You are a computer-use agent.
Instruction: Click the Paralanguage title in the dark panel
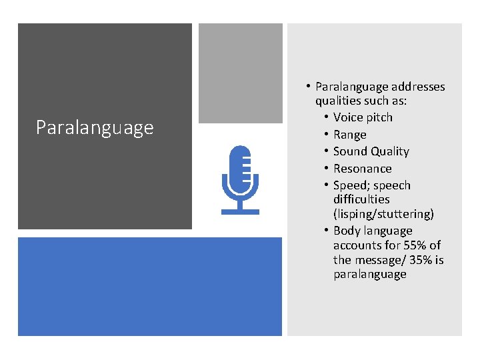[x=95, y=127]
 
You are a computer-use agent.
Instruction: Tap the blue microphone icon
[x=240, y=179]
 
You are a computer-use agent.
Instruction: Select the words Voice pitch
[x=363, y=117]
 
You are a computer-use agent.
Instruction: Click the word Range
[x=350, y=135]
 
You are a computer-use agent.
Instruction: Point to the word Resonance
[x=362, y=169]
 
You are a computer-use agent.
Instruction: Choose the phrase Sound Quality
[x=371, y=151]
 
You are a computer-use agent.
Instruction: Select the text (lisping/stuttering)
[x=383, y=214]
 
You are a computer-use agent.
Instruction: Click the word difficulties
[x=361, y=199]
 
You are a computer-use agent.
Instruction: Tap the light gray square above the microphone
[x=240, y=73]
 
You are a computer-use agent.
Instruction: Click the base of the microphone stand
[x=240, y=211]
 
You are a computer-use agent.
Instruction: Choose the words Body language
[x=373, y=231]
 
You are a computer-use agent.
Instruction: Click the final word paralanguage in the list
[x=369, y=275]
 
